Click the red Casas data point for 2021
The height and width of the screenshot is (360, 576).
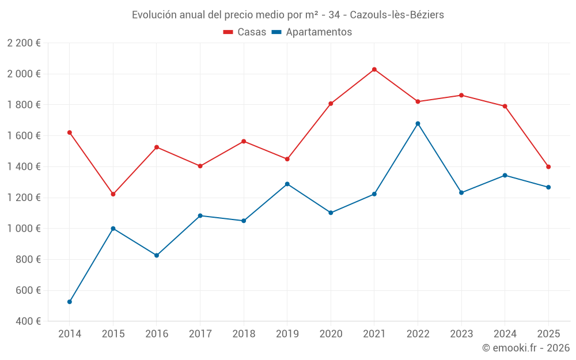(374, 70)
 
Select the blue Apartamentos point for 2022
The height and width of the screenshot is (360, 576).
(418, 124)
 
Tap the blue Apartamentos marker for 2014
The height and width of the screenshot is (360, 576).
(70, 302)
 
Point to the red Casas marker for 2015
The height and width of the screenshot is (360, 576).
(113, 194)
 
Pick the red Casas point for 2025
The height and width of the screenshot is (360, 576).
(548, 167)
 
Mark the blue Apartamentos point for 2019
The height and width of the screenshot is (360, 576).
(287, 184)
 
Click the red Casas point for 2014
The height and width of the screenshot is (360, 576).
(70, 132)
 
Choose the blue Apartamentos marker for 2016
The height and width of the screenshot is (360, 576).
(157, 255)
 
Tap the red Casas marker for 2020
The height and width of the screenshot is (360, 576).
(331, 104)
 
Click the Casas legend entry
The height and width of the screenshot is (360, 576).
(245, 32)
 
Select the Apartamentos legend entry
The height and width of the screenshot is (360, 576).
(312, 32)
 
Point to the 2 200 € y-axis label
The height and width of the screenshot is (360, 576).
(24, 43)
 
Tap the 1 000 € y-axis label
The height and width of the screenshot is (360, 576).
(24, 229)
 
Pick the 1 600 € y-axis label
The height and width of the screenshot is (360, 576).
(24, 135)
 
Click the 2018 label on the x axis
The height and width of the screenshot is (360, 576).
(244, 334)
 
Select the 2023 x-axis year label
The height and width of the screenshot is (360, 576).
(461, 334)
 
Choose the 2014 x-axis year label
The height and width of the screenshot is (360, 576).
(70, 334)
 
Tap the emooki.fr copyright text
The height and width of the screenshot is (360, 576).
(526, 348)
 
